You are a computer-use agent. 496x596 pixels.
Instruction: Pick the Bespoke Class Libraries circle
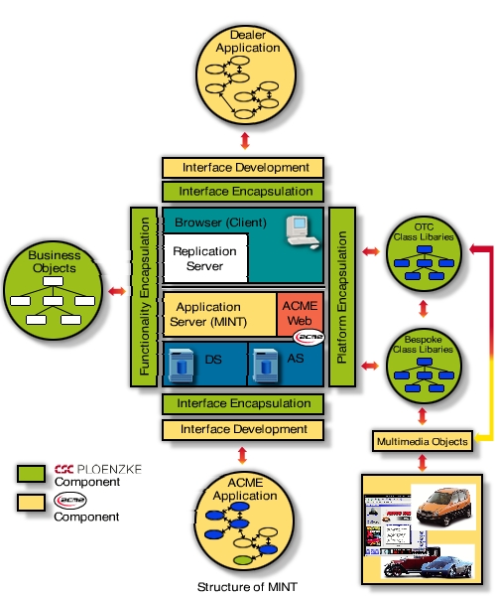tap(424, 368)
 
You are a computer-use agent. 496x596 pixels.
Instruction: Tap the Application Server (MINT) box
tap(218, 314)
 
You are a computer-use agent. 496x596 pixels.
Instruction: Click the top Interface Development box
tap(242, 168)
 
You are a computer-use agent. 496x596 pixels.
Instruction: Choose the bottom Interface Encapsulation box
tap(242, 404)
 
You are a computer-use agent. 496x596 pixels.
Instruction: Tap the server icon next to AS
tap(261, 364)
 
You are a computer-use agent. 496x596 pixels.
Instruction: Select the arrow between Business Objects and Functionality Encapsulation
tap(116, 291)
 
